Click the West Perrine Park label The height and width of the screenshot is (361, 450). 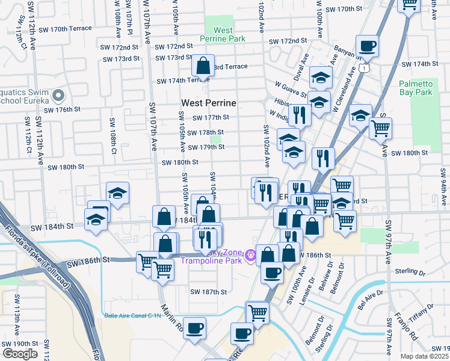coord(223,34)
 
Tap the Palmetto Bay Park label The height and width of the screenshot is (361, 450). coord(416,88)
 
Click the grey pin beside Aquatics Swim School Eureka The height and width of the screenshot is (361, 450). coord(58,96)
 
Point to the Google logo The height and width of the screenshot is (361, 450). coord(20,353)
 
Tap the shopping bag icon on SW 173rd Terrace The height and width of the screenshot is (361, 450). coord(203,64)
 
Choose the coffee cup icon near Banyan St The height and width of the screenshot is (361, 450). coord(367,45)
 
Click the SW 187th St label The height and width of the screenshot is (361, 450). coord(208,292)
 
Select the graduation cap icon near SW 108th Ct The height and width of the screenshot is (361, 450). coord(117,193)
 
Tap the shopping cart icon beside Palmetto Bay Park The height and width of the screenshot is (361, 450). coord(380,128)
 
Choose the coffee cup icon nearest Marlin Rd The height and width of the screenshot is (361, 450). coord(194,329)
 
